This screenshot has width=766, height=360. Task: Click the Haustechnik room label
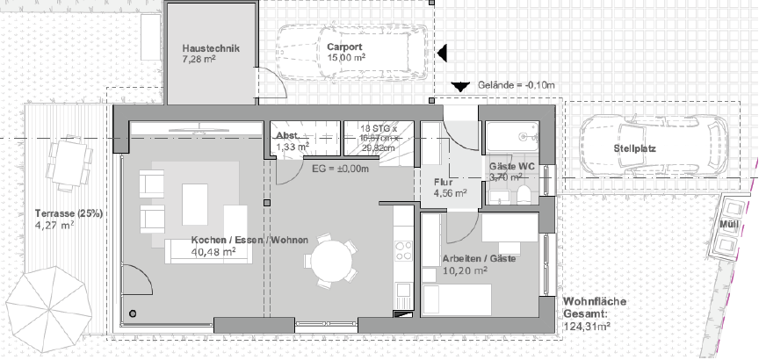click(x=211, y=48)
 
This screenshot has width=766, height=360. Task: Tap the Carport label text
click(x=344, y=47)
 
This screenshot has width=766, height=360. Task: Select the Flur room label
click(x=442, y=183)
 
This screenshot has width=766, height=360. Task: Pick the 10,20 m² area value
click(x=466, y=271)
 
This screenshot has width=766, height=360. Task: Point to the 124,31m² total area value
click(x=586, y=327)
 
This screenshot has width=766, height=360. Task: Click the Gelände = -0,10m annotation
click(x=517, y=85)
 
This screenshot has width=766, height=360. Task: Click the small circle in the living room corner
click(x=133, y=313)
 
